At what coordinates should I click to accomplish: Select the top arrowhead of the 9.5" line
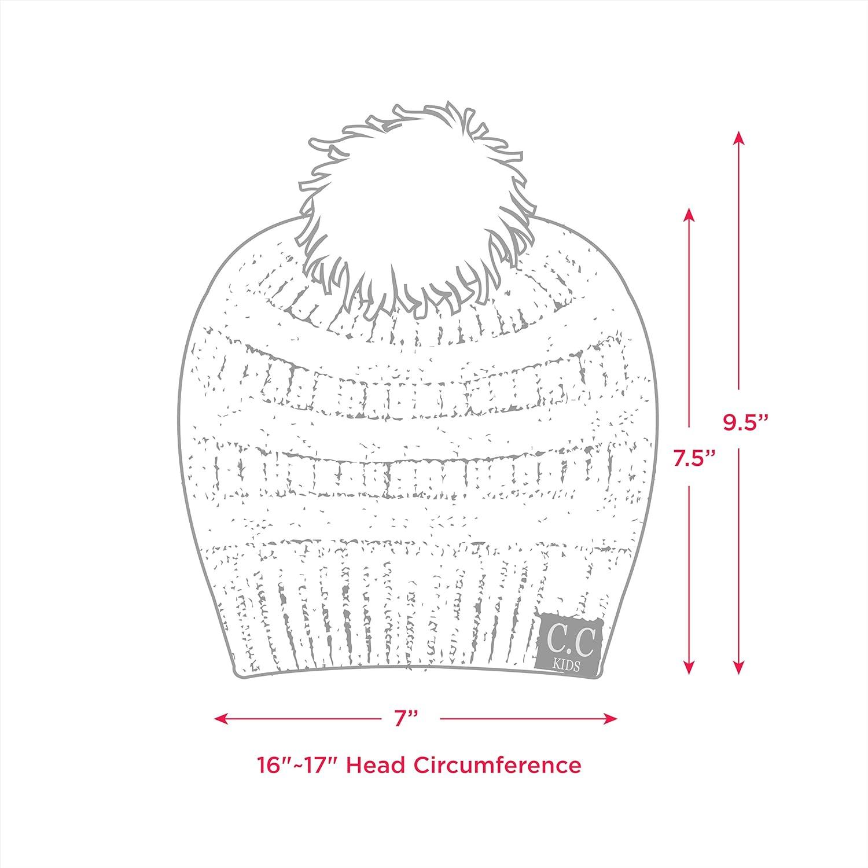tap(738, 137)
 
